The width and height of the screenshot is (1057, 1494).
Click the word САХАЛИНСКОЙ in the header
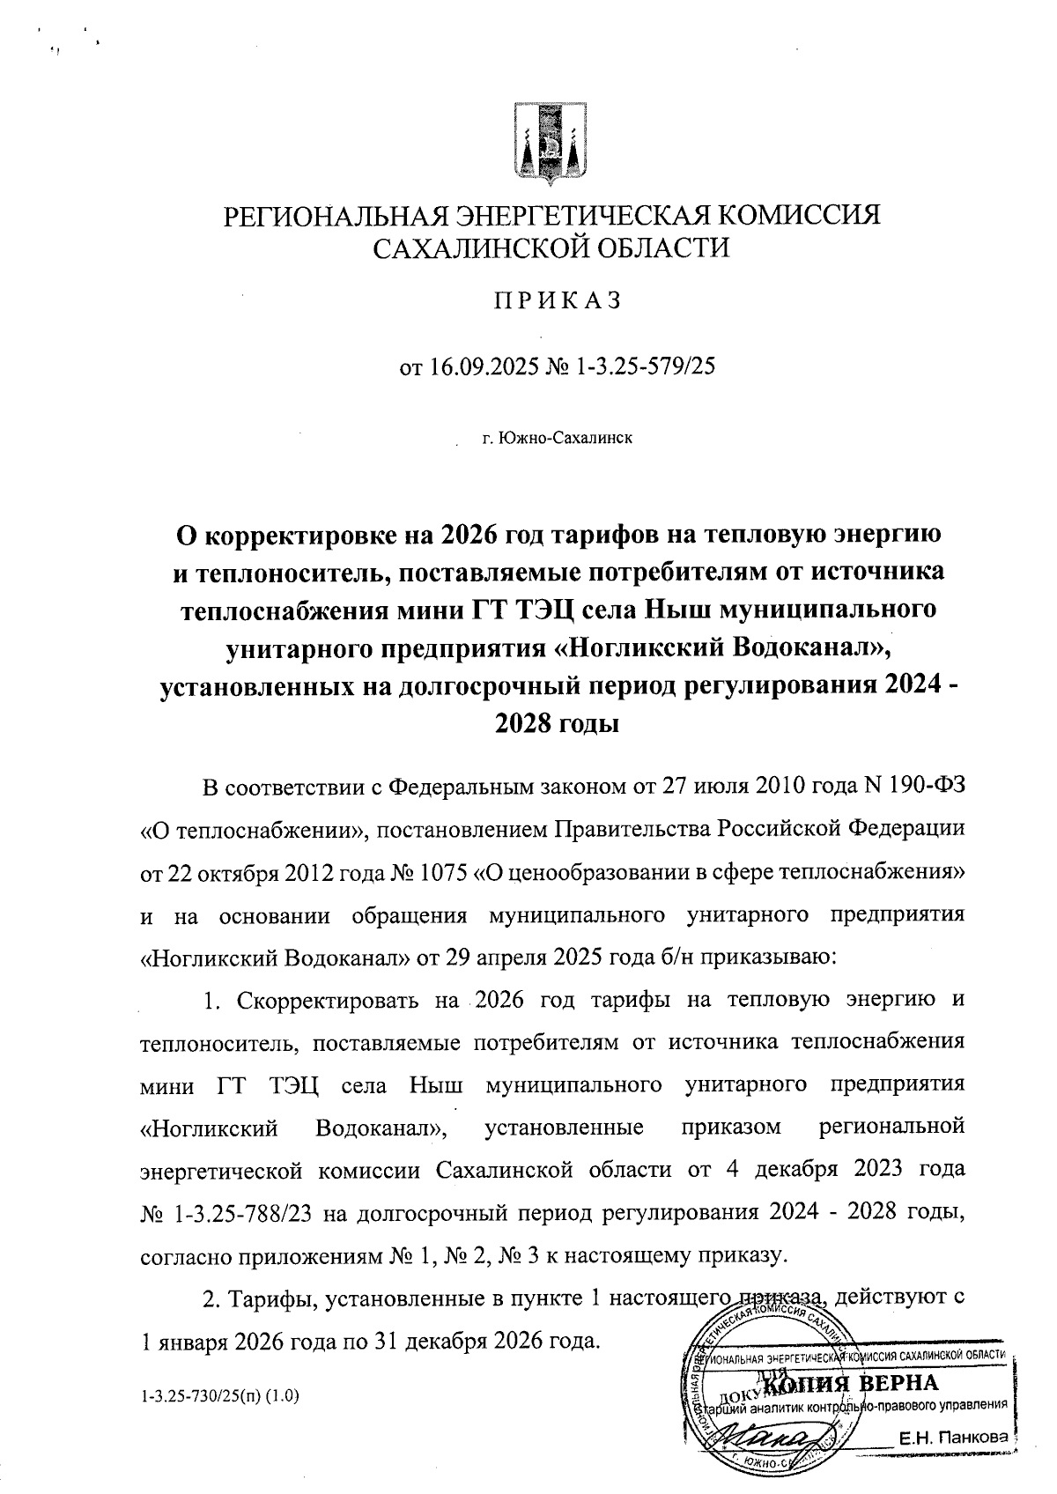(x=477, y=248)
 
